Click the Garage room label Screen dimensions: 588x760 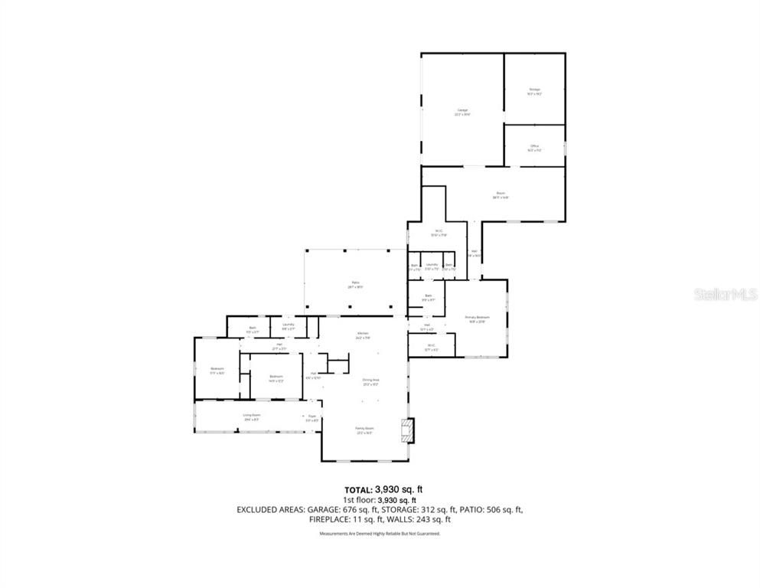[462, 112]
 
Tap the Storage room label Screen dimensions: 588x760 [534, 91]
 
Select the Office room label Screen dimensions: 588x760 [534, 147]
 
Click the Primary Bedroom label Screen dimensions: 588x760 [477, 318]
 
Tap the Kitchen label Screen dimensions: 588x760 [363, 335]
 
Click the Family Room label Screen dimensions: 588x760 [364, 430]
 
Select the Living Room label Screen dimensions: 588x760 [251, 416]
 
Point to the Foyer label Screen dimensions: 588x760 [312, 417]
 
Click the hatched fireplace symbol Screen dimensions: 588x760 [410, 430]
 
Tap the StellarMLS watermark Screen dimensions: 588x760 [725, 294]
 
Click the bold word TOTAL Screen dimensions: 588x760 [357, 489]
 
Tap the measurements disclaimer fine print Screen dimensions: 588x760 [380, 533]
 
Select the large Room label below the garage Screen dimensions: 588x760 [501, 195]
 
